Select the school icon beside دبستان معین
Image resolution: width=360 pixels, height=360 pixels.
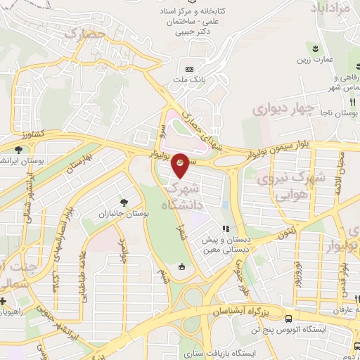pos(226,229)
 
